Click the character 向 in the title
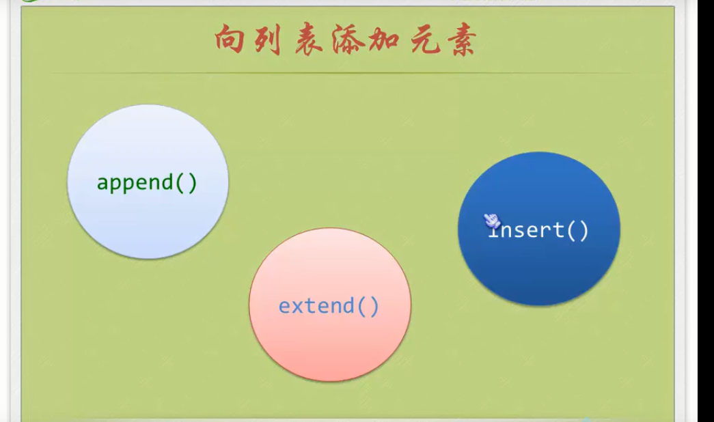[x=231, y=42]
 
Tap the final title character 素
[x=463, y=42]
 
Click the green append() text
[x=147, y=183]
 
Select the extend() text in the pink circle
[x=329, y=305]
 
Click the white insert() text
[x=538, y=230]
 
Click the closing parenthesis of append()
[x=191, y=183]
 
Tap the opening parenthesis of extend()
[x=363, y=305]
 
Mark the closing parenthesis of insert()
[x=583, y=230]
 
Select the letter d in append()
[x=169, y=182]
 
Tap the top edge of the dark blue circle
[x=539, y=153]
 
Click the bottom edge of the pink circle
[x=330, y=380]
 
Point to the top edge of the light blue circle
[x=148, y=105]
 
